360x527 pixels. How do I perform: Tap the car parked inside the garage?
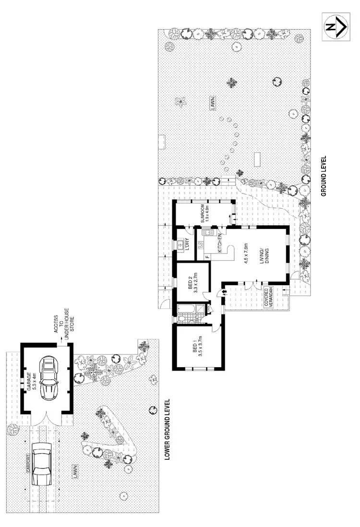(x=48, y=377)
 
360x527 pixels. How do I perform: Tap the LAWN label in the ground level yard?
(x=212, y=104)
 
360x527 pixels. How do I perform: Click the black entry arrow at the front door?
(x=223, y=291)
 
